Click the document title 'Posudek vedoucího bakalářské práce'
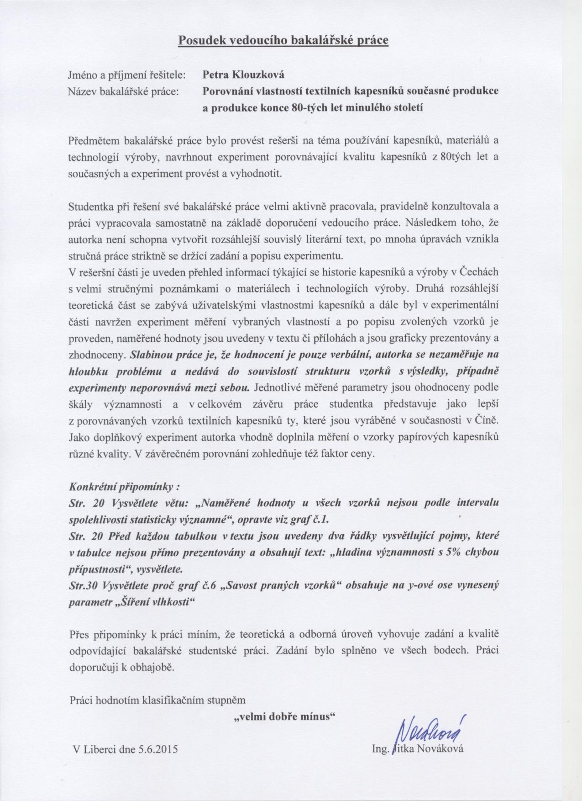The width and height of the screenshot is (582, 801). (x=283, y=40)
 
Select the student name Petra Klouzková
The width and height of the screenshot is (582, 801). (x=243, y=74)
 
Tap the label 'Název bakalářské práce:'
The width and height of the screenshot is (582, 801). (x=124, y=91)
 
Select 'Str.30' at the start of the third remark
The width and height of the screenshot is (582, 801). (x=84, y=585)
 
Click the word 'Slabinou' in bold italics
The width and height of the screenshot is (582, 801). (x=151, y=354)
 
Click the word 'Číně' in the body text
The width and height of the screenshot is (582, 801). (x=487, y=420)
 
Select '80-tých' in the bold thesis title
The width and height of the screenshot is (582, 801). (x=305, y=108)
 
